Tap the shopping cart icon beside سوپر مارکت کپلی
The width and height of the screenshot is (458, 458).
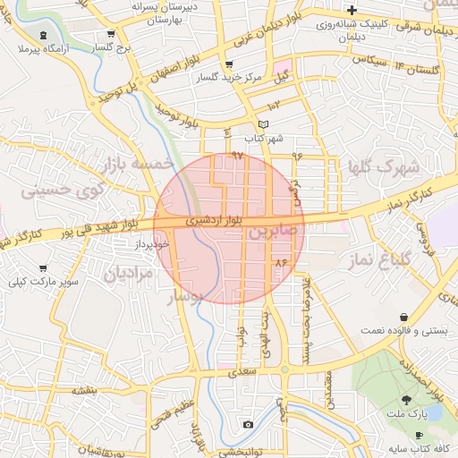pos(43,268)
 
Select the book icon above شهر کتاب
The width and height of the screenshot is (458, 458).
pos(262,124)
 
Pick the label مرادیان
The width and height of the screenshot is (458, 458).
pos(130,272)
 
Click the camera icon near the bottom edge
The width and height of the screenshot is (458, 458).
pos(248,423)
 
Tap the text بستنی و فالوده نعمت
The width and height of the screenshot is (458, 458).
pos(403,330)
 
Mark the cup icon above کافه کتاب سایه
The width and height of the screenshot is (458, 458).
pos(420,435)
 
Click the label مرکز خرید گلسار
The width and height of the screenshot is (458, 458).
pos(231,78)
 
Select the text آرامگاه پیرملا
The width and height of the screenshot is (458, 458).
pos(31,43)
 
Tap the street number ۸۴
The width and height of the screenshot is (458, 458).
pos(284,263)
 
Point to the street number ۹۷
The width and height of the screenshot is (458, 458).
pos(237,156)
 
